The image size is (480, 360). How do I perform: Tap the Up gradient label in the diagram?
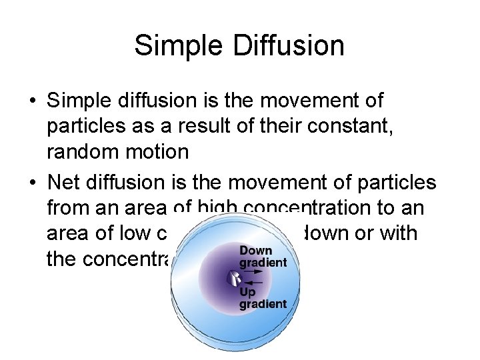point(263,298)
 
